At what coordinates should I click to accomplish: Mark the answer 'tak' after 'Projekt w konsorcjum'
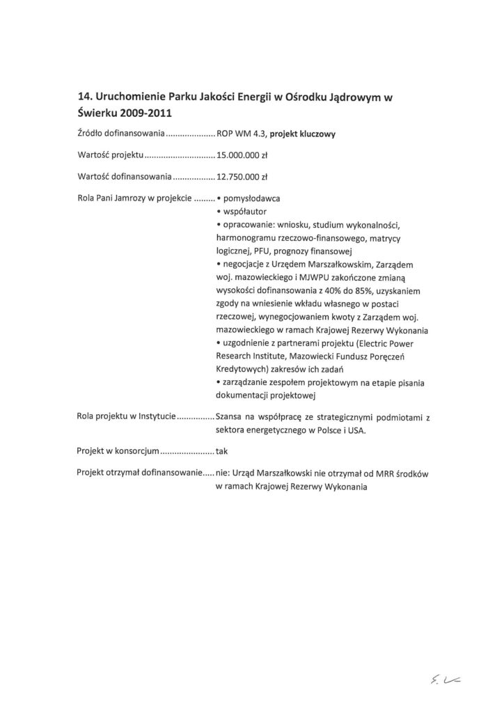click(x=222, y=450)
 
